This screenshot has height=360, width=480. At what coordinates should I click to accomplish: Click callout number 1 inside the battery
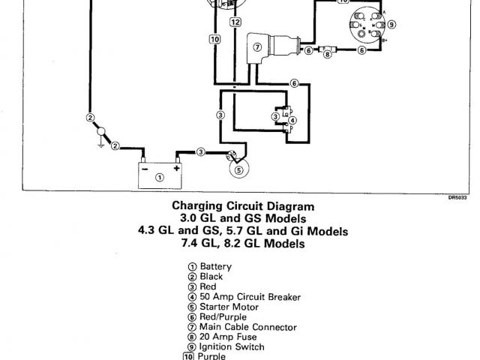(159, 177)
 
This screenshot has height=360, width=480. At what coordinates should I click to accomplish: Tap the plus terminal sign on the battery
(177, 169)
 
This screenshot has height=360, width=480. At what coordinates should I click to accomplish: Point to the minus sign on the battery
(144, 169)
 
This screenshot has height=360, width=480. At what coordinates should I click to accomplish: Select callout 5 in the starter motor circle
(238, 169)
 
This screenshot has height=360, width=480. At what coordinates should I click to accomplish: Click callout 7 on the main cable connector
(256, 49)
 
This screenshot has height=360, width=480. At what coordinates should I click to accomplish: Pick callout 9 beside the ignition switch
(391, 24)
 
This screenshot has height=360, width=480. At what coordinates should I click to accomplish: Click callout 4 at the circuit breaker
(292, 120)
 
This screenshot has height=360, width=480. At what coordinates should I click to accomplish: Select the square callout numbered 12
(235, 23)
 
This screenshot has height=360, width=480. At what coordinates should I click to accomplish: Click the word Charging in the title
(198, 205)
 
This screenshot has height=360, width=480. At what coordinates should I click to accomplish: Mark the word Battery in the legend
(215, 266)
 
